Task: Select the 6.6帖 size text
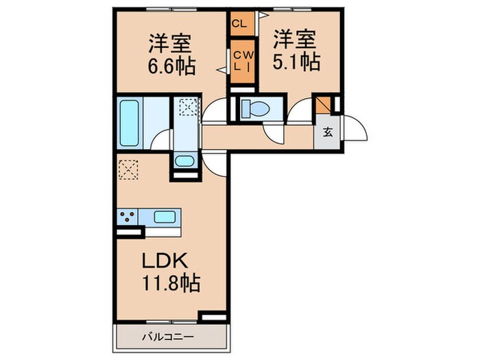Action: [x=171, y=67]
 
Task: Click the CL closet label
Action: [x=239, y=23]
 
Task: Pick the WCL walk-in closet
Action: [x=241, y=62]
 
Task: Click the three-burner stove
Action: [x=126, y=217]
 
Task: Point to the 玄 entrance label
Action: [x=328, y=132]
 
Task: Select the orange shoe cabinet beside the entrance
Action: [x=322, y=105]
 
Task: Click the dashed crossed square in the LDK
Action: [x=127, y=169]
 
